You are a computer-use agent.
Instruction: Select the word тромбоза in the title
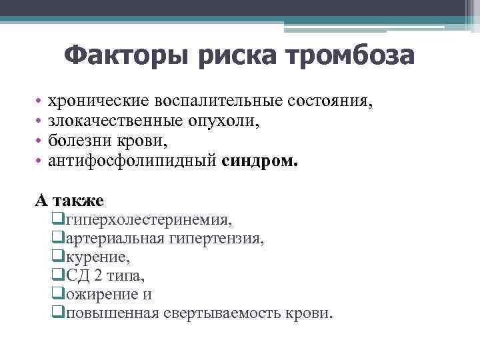pos(347,55)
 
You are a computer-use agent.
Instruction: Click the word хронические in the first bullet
pos(99,102)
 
